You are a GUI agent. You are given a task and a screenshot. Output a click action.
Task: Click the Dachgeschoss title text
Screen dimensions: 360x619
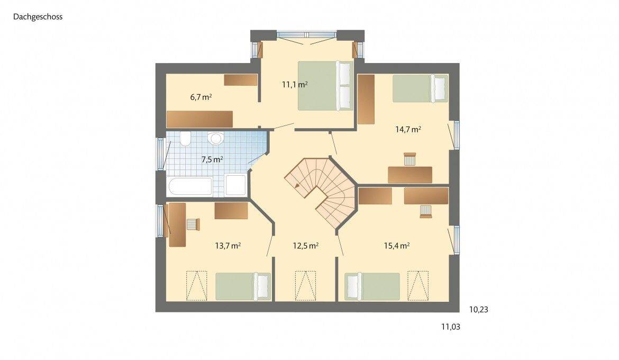(x=38, y=17)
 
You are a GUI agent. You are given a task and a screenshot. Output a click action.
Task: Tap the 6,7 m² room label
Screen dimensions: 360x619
(x=201, y=97)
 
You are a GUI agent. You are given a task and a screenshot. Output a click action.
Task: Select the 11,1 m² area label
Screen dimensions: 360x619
(x=295, y=84)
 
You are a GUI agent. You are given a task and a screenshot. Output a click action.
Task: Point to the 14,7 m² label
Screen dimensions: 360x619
(x=408, y=129)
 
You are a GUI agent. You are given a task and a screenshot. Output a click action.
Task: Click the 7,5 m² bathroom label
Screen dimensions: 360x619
(x=212, y=159)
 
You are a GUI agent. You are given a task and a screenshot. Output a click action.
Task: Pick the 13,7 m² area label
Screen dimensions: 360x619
(x=228, y=246)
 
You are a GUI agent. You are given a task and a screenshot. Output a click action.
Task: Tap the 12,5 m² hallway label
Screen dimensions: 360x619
(x=305, y=246)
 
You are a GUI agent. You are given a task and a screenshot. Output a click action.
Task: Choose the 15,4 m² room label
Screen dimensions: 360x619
(x=397, y=246)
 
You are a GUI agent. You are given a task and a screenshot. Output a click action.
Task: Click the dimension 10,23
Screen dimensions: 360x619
(x=478, y=310)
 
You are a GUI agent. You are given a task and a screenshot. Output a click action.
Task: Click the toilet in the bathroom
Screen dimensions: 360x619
(x=185, y=139)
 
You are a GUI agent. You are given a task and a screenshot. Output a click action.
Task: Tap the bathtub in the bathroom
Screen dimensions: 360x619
(x=190, y=187)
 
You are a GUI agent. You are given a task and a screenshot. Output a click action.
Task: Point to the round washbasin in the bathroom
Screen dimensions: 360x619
(x=216, y=139)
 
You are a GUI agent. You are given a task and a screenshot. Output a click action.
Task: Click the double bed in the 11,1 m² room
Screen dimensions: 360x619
(x=324, y=86)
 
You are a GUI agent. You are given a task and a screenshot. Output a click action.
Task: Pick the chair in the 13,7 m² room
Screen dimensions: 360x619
(x=193, y=224)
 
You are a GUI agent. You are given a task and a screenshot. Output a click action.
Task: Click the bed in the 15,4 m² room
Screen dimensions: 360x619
(x=372, y=286)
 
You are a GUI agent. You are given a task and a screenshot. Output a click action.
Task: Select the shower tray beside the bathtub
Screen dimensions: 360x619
(x=235, y=186)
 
